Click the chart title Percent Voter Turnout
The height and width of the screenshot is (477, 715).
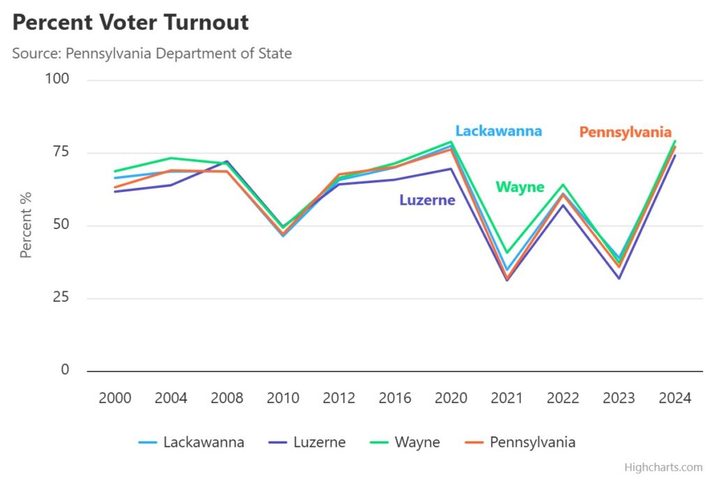[131, 22]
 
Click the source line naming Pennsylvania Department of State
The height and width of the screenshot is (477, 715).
[152, 53]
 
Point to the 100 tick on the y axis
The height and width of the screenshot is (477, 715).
[57, 79]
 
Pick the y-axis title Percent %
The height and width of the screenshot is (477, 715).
[27, 225]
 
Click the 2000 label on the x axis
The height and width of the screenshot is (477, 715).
[115, 399]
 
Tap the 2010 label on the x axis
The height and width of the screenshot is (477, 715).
[283, 399]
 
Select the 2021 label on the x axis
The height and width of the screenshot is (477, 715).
[507, 399]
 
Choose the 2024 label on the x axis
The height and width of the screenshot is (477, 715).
[675, 399]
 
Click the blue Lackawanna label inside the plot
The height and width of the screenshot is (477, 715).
[499, 131]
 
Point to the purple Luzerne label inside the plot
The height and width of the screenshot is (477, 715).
[427, 200]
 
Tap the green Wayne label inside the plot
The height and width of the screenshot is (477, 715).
[519, 187]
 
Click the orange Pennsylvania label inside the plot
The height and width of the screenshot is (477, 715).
[626, 132]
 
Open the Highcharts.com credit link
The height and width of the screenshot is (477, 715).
[663, 467]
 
